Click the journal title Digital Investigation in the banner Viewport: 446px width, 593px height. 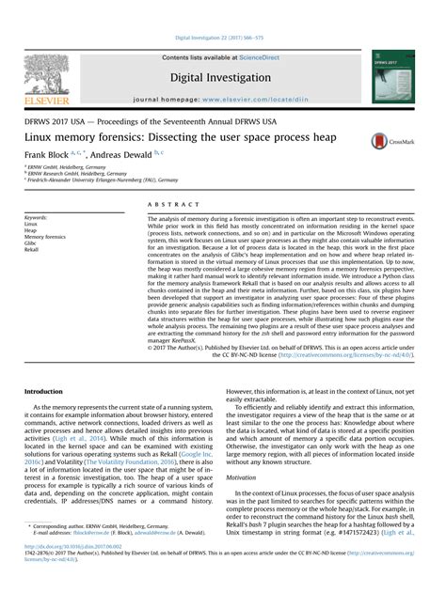[222, 78]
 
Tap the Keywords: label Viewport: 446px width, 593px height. [37, 217]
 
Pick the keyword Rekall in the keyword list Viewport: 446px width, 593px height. [33, 251]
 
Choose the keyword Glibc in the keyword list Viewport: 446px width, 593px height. [32, 243]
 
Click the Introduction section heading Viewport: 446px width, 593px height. [42, 390]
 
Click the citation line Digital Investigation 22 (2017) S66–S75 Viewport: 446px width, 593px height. [223, 38]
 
